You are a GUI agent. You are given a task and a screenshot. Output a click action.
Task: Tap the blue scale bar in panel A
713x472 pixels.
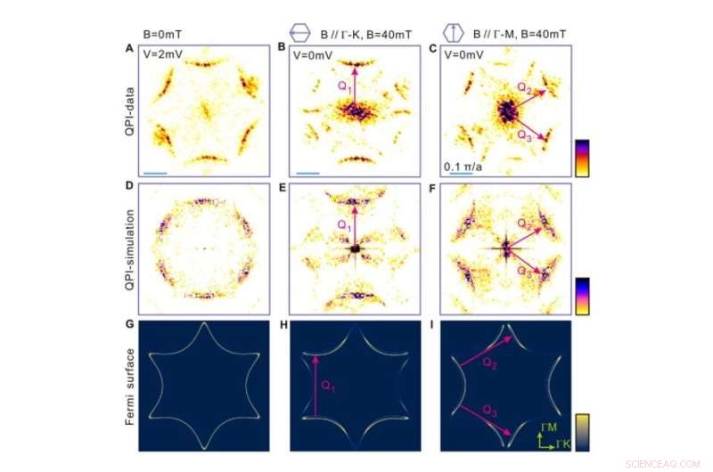(x=155, y=173)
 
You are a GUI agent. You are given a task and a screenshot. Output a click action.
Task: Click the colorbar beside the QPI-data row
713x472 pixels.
(x=581, y=158)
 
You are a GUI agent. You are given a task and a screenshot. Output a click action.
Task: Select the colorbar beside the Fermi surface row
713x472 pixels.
(x=581, y=428)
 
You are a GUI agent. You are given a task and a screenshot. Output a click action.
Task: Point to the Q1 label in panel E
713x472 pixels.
(x=343, y=225)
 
